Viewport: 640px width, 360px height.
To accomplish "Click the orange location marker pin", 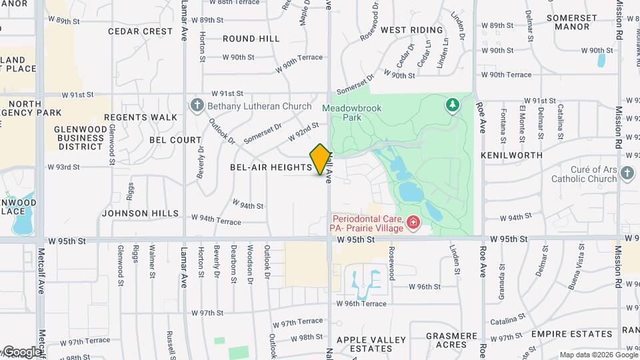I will pos(320,159).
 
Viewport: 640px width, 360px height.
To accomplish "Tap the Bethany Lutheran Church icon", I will pos(197,106).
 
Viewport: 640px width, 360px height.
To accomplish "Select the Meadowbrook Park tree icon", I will pos(453,105).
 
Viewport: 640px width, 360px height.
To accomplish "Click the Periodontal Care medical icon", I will pos(413,221).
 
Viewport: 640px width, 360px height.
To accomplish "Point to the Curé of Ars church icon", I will pos(627,173).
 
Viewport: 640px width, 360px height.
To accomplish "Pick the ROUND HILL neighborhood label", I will pos(251,39).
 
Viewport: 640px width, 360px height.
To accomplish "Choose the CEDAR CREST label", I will pos(140,31).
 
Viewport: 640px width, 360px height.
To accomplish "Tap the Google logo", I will pos(21,351).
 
